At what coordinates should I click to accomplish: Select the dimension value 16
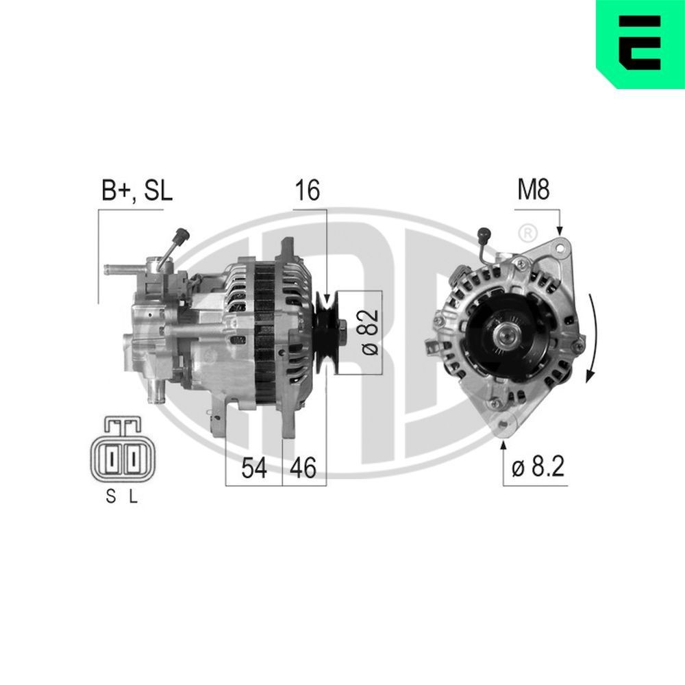(x=308, y=190)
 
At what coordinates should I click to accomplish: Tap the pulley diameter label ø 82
(x=369, y=332)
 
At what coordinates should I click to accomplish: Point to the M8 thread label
(x=533, y=190)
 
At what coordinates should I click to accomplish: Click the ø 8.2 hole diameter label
(x=537, y=468)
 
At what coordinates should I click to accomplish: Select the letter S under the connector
(x=110, y=499)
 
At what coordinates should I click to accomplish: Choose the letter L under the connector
(x=134, y=499)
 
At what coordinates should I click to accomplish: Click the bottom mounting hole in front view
(x=506, y=427)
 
